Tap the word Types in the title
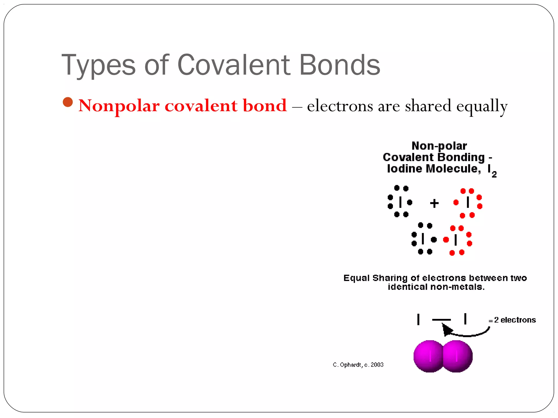click(x=98, y=65)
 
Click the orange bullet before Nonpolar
click(x=68, y=102)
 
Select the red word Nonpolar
click(x=119, y=106)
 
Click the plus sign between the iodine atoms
click(x=434, y=203)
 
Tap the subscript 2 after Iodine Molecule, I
click(x=494, y=174)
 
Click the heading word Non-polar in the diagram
click(x=439, y=146)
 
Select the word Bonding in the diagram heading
click(x=461, y=157)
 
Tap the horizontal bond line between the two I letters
click(x=441, y=319)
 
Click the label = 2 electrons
click(x=512, y=320)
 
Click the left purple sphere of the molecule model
click(x=428, y=356)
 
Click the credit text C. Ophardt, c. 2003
click(x=358, y=365)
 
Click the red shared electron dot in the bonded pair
click(x=446, y=239)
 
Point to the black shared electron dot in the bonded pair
click(x=434, y=239)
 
